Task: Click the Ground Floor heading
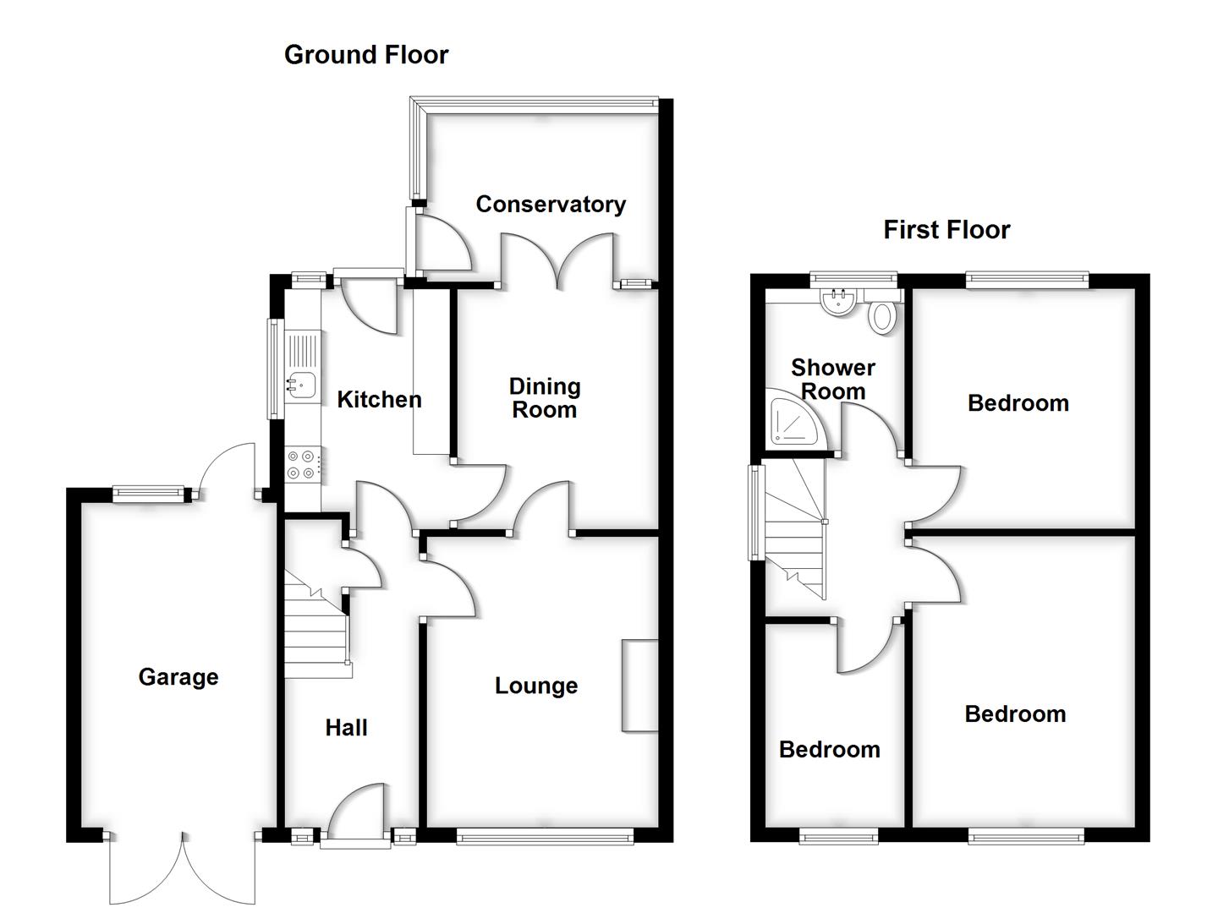tap(365, 55)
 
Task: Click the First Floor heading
tap(946, 230)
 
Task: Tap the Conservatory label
tap(551, 204)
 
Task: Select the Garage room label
tap(178, 676)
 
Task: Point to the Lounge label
tap(536, 686)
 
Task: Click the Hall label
tap(346, 728)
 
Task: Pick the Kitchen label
tap(379, 399)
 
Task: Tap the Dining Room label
tap(545, 398)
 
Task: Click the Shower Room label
tap(833, 380)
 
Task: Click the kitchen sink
tap(300, 384)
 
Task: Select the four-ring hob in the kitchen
tap(302, 465)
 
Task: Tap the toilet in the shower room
tap(882, 315)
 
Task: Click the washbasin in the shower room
tap(839, 303)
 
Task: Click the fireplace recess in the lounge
tap(639, 685)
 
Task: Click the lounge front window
tap(545, 837)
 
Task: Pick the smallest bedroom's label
tap(829, 750)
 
